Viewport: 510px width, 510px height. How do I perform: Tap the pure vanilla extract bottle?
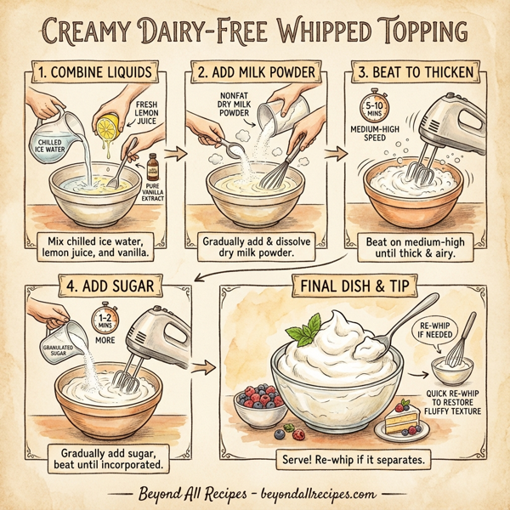click(153, 167)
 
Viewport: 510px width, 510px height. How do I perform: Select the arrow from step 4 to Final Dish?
click(203, 367)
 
